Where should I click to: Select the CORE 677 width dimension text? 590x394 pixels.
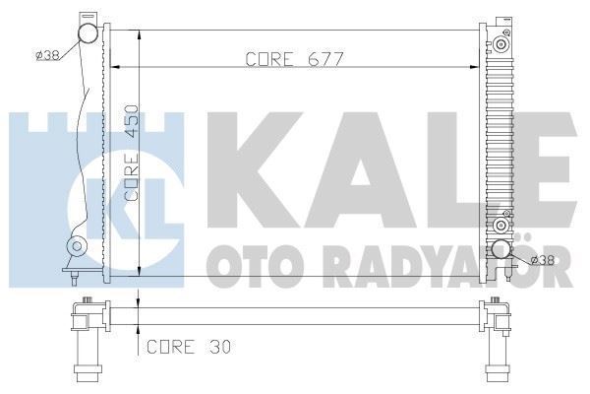(296, 58)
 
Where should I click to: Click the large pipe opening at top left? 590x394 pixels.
(89, 35)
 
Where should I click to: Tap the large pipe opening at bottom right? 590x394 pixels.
(502, 251)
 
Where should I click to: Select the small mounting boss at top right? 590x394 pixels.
(502, 44)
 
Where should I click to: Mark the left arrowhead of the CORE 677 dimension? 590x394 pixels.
(112, 68)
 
